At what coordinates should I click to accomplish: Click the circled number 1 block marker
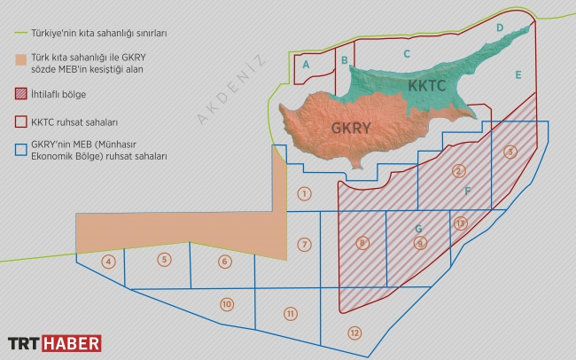tap(304, 193)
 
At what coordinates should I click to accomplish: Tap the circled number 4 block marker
tap(108, 262)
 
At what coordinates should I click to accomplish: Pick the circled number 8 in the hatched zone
tap(362, 242)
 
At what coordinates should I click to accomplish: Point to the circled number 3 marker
tap(510, 152)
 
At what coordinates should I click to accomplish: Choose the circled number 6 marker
tap(224, 262)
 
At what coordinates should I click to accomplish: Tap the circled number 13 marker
tap(459, 223)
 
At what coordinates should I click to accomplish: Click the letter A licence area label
tap(306, 65)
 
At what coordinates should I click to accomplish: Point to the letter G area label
tap(417, 229)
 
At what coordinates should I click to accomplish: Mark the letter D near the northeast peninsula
tap(500, 28)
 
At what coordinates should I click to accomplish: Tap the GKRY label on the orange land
tap(351, 128)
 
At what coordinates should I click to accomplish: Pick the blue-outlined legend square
tap(21, 149)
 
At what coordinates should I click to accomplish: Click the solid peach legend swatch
tap(21, 60)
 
